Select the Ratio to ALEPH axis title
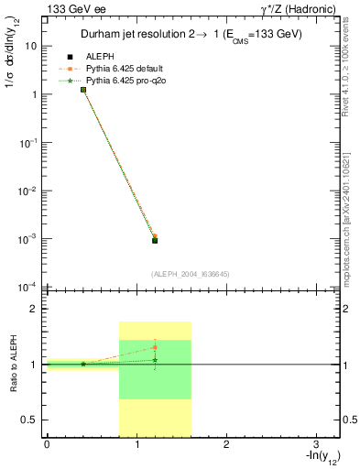tap(16, 364)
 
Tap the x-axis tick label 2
tap(226, 444)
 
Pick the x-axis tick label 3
tap(316, 444)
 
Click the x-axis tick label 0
tap(47, 444)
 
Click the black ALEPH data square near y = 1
tap(83, 90)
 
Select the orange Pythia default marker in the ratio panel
tap(155, 347)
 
